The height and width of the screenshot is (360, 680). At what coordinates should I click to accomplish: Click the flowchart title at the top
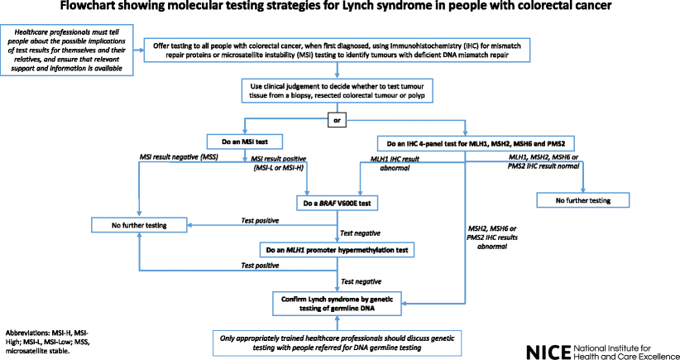(x=339, y=9)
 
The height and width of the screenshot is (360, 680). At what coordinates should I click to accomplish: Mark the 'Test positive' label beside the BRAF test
(x=259, y=219)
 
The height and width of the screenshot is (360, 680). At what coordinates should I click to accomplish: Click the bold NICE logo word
(x=547, y=348)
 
